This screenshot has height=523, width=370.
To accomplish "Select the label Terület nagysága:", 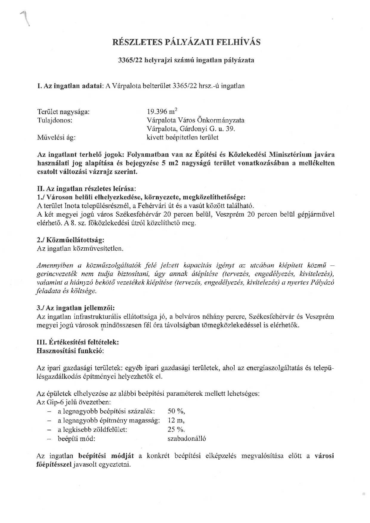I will pyautogui.click(x=64, y=112).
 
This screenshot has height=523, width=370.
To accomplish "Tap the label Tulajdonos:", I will pyautogui.click(x=55, y=120).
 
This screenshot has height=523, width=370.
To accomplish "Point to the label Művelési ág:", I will pyautogui.click(x=56, y=137).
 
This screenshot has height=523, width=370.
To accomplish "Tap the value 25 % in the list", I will pyautogui.click(x=176, y=429).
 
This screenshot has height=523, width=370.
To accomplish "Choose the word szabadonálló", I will pyautogui.click(x=187, y=439).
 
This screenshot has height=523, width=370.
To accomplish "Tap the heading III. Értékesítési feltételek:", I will pyautogui.click(x=78, y=342).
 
